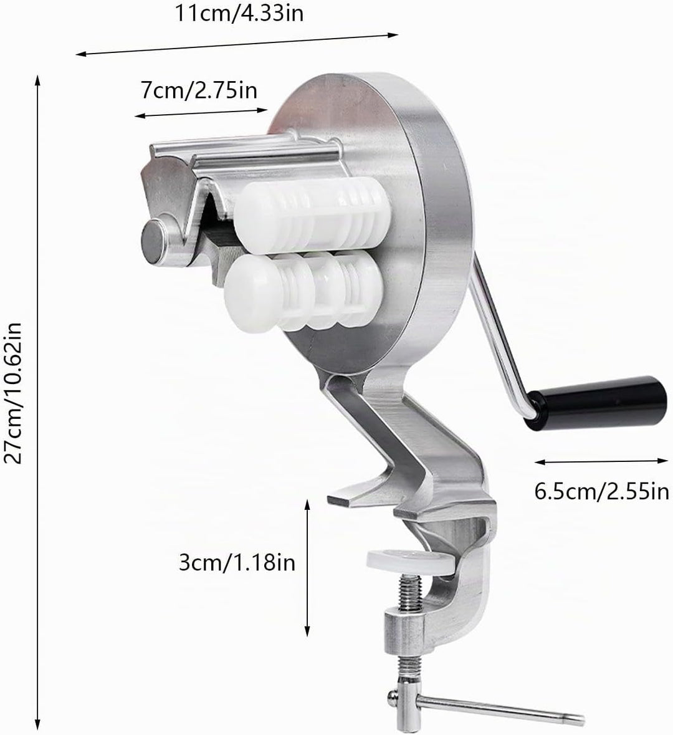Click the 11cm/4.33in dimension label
click(239, 12)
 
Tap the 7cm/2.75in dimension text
click(199, 90)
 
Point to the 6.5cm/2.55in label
click(602, 492)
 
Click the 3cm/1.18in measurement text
click(237, 562)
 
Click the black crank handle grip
click(595, 402)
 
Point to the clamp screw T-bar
click(487, 707)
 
